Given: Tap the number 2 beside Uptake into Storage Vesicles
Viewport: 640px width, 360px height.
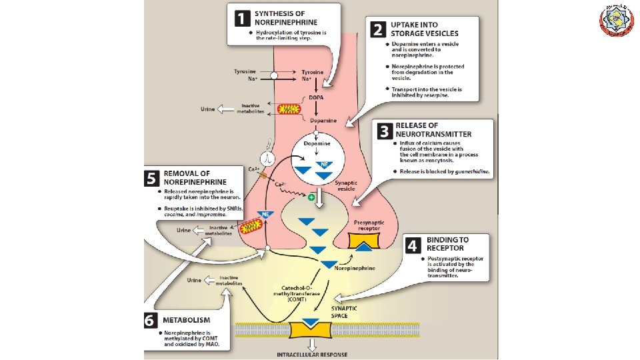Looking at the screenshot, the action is tap(379, 29).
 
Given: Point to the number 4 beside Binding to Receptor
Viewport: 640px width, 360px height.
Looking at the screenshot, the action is tap(413, 245).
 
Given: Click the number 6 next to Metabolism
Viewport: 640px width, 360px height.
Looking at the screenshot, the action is tap(151, 320).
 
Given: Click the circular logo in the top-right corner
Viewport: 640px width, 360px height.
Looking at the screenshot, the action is tap(617, 20).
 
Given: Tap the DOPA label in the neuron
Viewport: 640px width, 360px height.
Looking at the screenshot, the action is tap(317, 98).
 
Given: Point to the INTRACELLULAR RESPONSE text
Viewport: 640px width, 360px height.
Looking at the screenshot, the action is tap(312, 355).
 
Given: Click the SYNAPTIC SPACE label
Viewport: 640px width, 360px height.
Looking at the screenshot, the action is tap(345, 311).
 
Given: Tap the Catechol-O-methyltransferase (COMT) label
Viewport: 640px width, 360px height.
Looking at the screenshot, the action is tap(299, 294).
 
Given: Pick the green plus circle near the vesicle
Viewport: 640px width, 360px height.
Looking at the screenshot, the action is tap(311, 198).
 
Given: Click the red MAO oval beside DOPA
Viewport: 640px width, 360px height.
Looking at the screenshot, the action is tap(289, 109).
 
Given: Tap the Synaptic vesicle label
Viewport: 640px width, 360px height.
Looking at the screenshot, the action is tap(345, 185).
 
